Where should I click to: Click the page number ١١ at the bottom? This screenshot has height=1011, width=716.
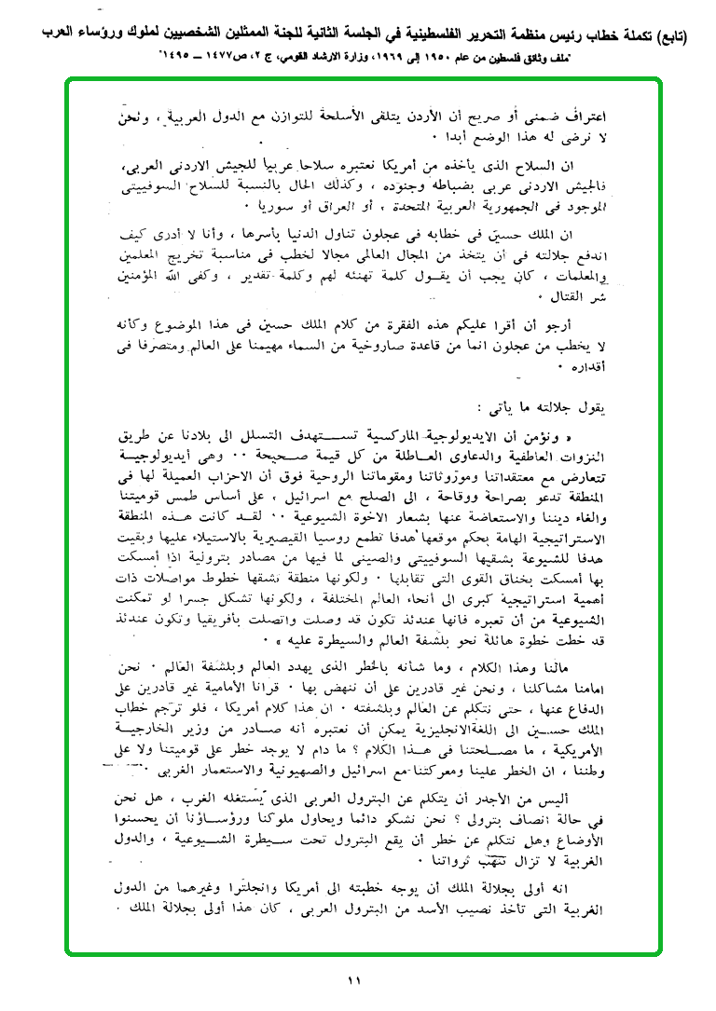[354, 979]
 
